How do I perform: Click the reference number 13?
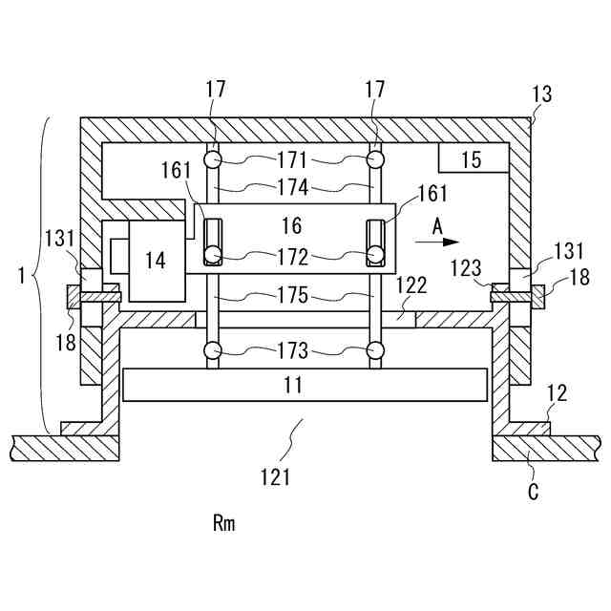pyautogui.click(x=541, y=95)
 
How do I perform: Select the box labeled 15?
pyautogui.click(x=472, y=158)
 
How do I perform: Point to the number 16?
pyautogui.click(x=292, y=225)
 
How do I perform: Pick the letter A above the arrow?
pyautogui.click(x=436, y=225)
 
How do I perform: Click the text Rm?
pyautogui.click(x=223, y=523)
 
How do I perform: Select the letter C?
pyautogui.click(x=534, y=493)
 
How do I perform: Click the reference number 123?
pyautogui.click(x=466, y=270)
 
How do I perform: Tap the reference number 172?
pyautogui.click(x=292, y=257)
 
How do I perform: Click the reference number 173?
pyautogui.click(x=292, y=351)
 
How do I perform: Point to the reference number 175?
pyautogui.click(x=292, y=295)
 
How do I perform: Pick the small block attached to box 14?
pyautogui.click(x=118, y=257)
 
